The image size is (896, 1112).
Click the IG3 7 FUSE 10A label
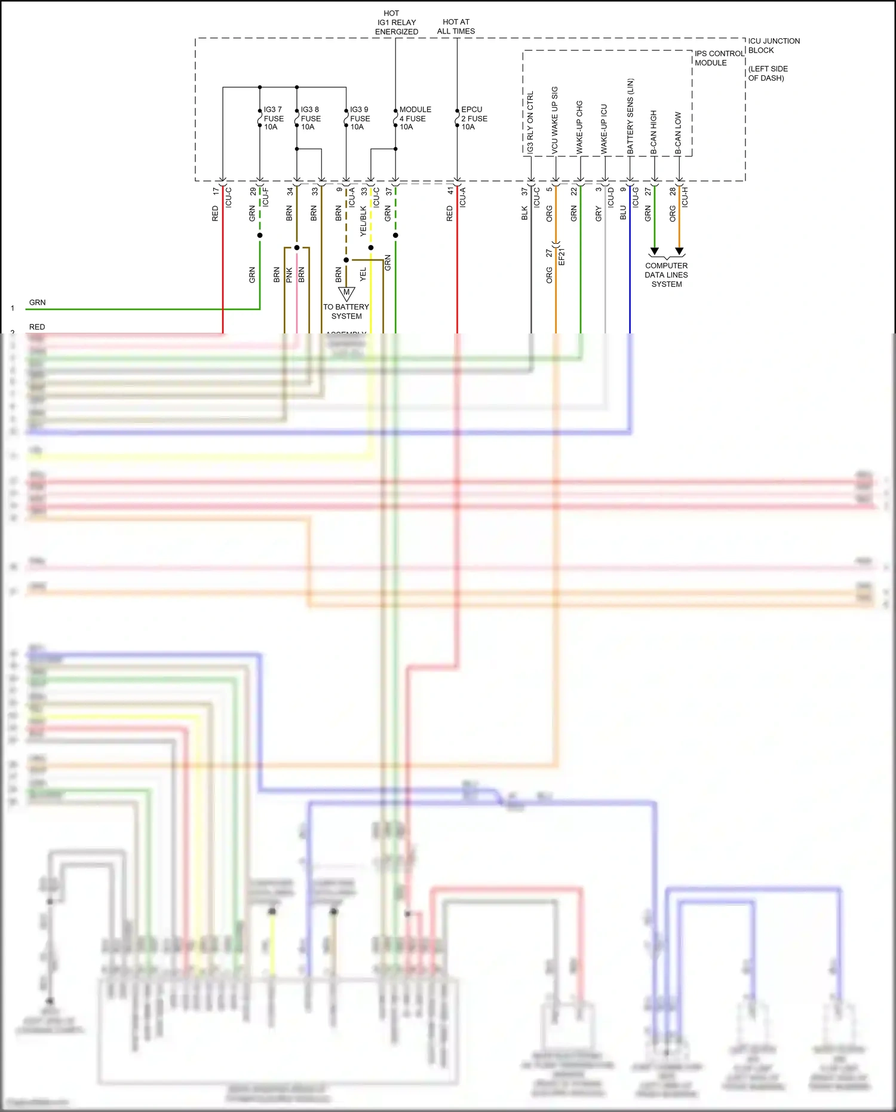point(274,118)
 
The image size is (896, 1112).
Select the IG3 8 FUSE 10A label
point(311,118)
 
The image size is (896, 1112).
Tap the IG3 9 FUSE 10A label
point(360,118)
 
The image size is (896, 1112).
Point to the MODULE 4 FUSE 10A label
point(415,118)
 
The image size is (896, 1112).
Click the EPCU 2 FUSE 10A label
point(474,118)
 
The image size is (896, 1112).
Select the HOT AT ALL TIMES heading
point(456,26)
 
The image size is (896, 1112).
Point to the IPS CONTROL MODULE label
point(719,58)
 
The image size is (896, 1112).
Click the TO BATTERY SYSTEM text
point(346,311)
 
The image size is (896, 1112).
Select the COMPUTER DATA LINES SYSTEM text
point(666,275)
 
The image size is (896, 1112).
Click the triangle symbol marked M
point(346,293)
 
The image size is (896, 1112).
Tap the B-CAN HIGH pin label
point(653,133)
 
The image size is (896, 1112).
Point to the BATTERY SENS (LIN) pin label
point(630,117)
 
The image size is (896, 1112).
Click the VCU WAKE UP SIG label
point(554,120)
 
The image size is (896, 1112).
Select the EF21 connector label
point(561,256)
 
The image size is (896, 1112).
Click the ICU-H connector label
point(685,197)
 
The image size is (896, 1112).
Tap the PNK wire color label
point(289,275)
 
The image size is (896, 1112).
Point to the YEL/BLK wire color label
point(363,221)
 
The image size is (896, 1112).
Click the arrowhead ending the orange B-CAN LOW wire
point(679,252)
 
